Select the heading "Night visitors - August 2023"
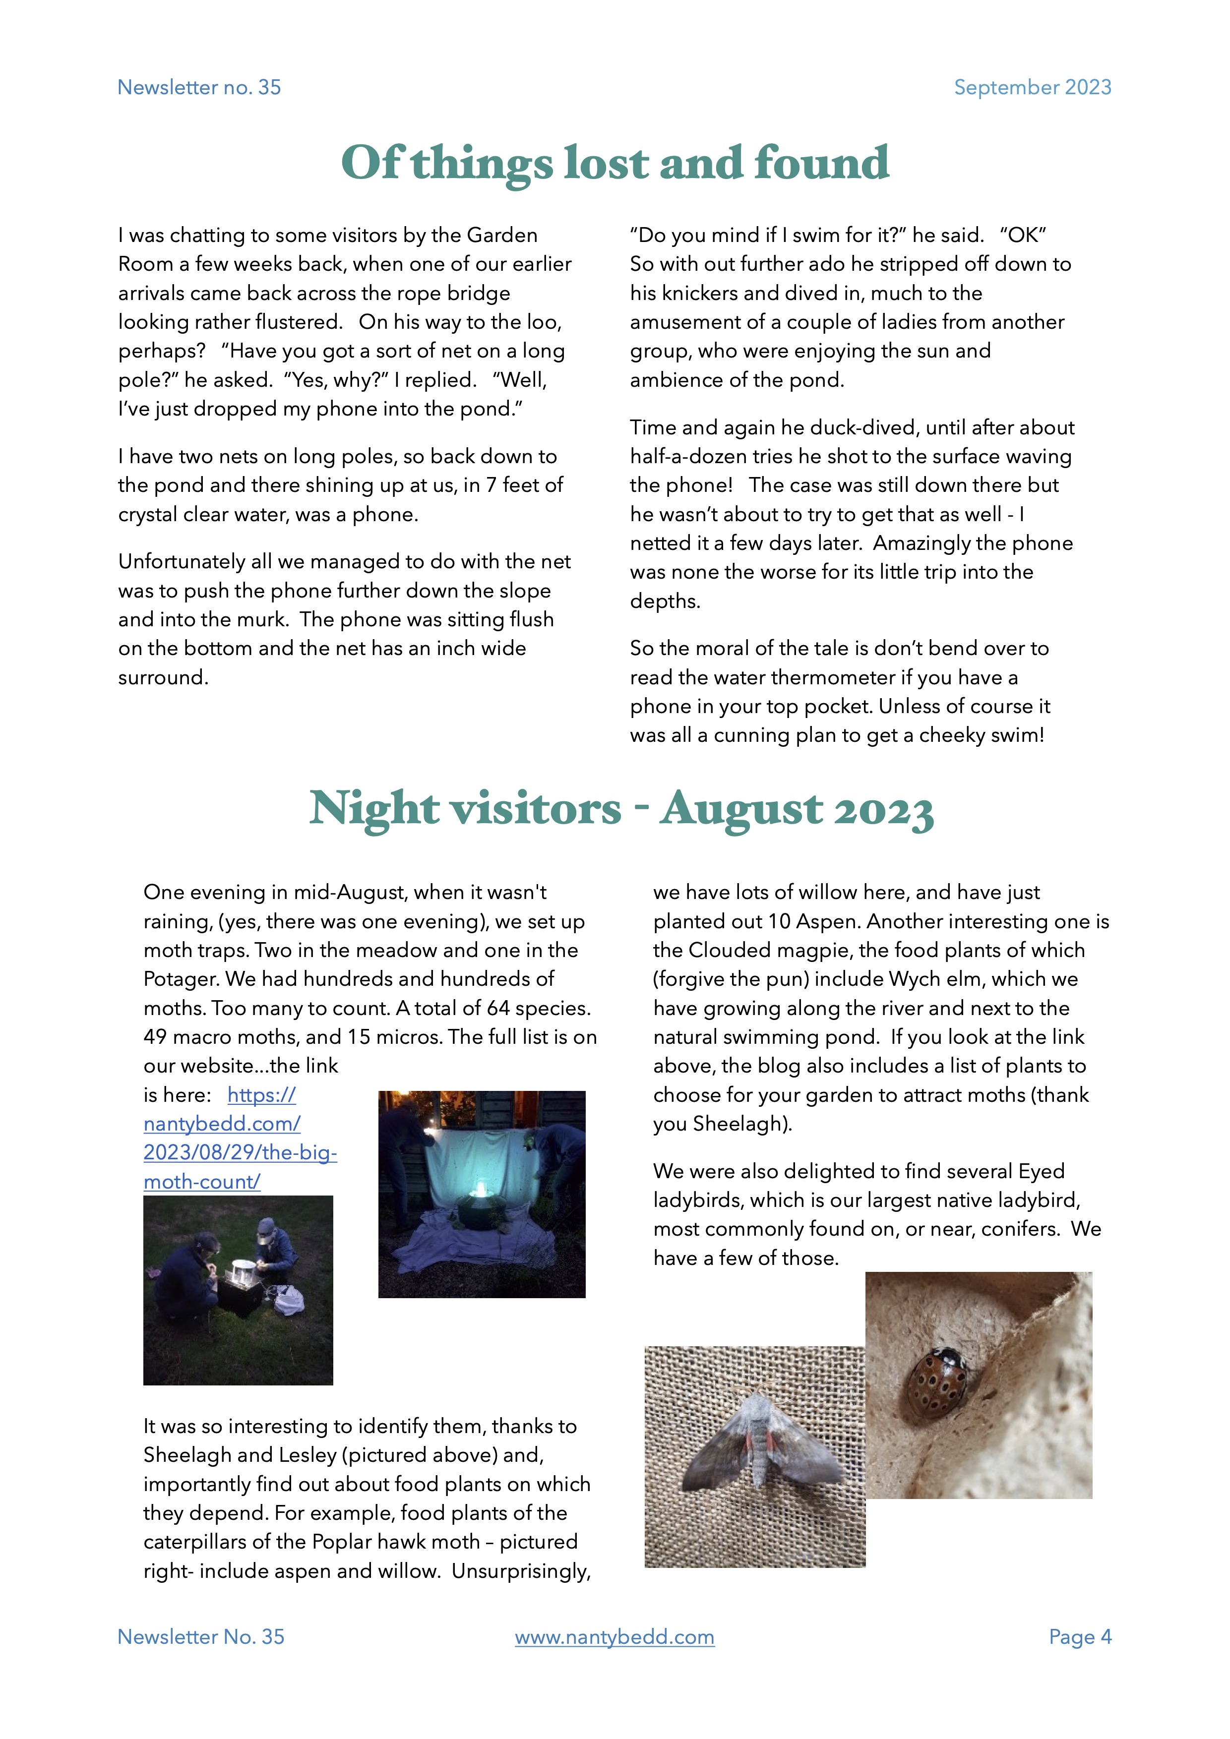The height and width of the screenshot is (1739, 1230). coord(621,809)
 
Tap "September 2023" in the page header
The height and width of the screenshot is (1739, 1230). coord(1032,88)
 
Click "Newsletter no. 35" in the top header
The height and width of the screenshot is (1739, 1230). coord(199,88)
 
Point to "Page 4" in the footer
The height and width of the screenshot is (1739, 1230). coord(1080,1637)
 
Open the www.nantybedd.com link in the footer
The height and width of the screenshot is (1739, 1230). coord(614,1637)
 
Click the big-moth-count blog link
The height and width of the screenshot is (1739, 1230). coord(240,1139)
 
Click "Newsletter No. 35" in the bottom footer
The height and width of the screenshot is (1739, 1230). coord(201,1637)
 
